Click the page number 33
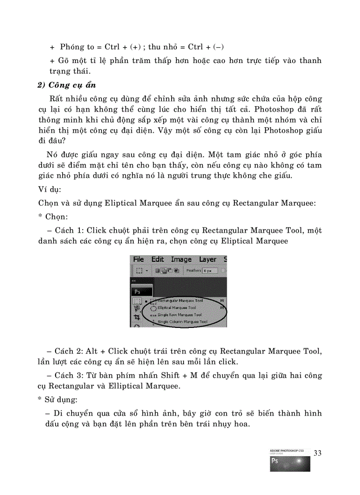(318, 453)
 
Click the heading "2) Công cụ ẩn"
(67, 86)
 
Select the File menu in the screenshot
(139, 259)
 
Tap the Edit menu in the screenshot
(157, 259)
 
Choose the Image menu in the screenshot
(181, 259)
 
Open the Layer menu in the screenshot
(207, 259)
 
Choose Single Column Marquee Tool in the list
(182, 322)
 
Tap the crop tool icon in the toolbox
(137, 317)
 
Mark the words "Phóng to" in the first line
(77, 47)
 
